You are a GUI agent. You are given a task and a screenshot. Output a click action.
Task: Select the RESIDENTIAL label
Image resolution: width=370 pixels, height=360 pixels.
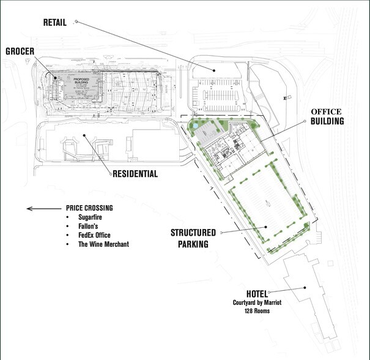click(135, 174)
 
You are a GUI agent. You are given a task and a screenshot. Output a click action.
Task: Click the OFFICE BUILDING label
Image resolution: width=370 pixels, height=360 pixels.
click(327, 116)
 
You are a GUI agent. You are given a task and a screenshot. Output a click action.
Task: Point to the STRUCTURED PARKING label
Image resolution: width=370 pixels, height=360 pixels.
click(193, 238)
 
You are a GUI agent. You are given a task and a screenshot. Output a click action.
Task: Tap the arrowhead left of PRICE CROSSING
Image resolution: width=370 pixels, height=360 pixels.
click(28, 209)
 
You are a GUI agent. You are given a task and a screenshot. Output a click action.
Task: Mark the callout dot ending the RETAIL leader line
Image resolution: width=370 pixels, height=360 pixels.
click(214, 70)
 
